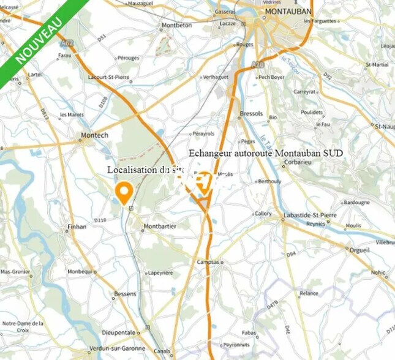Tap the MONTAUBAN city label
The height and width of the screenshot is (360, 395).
[288, 12]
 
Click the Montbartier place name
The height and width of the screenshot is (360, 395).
[159, 227]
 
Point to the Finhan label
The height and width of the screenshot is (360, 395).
[76, 227]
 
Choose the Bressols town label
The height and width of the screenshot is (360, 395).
[251, 114]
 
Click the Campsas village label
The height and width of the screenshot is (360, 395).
[208, 261]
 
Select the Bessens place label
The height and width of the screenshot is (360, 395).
[125, 294]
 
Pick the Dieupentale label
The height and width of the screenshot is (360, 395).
[119, 332]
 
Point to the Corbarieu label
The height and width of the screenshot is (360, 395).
[298, 163]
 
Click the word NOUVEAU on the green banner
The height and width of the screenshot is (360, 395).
[38, 41]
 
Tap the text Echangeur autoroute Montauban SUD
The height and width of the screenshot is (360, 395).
[266, 152]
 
